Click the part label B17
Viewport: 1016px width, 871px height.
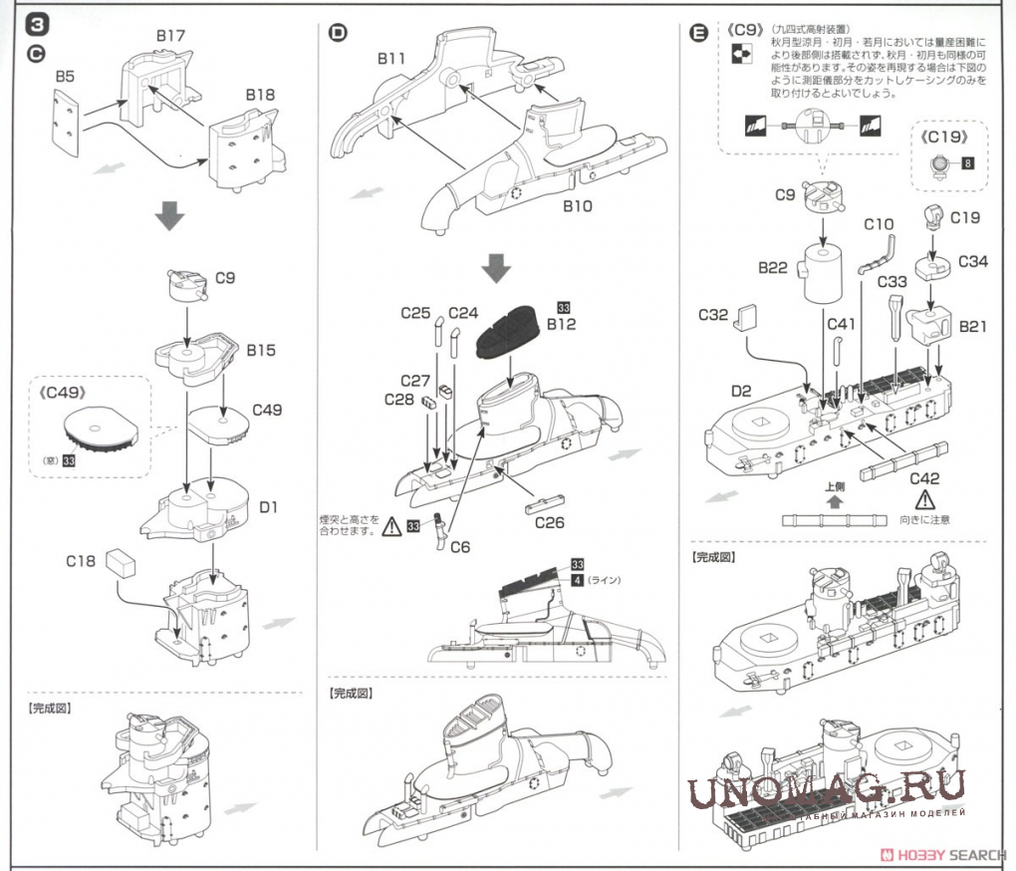170,36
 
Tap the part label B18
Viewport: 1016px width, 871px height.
261,95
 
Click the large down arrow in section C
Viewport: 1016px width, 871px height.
172,215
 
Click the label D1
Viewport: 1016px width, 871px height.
268,508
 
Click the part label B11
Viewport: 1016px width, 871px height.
390,59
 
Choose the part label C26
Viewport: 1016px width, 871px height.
549,520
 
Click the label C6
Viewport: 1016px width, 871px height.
459,546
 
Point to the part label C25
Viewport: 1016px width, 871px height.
415,312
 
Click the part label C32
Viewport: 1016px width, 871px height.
713,315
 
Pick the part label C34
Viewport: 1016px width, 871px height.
973,261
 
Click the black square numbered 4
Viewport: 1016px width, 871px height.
578,580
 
